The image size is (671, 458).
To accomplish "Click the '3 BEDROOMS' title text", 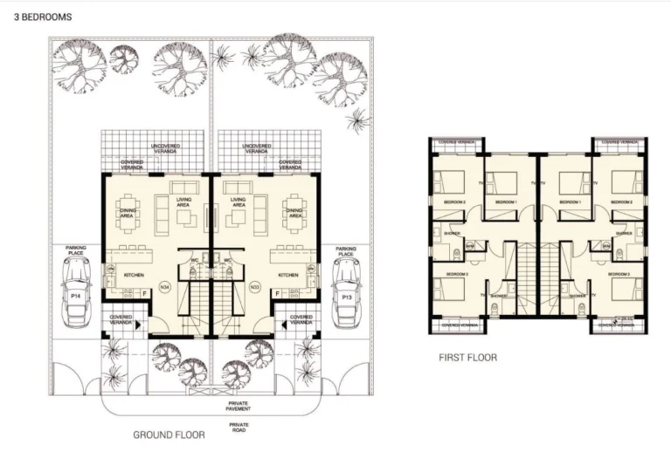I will [37, 17].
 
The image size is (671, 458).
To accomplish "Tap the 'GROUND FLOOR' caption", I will [169, 434].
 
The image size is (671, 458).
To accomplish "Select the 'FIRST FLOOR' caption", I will [468, 358].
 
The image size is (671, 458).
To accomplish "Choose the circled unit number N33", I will [255, 286].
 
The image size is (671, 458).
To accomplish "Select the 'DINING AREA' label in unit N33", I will [294, 212].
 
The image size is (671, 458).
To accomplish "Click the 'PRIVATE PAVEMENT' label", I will [239, 406].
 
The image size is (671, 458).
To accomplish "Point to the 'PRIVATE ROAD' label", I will [239, 427].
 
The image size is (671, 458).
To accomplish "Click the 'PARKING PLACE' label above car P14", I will [76, 250].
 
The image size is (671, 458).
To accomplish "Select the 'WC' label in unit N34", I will [196, 259].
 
